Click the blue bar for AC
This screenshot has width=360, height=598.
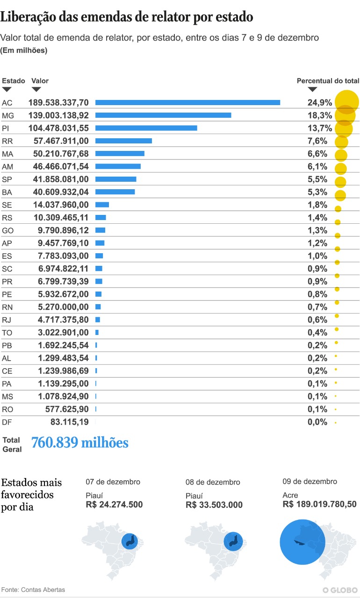click(x=187, y=102)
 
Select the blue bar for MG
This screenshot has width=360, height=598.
click(x=163, y=115)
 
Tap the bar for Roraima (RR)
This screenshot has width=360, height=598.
click(x=123, y=141)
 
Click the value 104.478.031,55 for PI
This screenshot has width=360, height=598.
click(x=58, y=128)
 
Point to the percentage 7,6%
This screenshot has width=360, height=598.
click(x=317, y=141)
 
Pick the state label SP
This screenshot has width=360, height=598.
click(x=7, y=179)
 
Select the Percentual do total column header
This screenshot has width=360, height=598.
click(x=328, y=81)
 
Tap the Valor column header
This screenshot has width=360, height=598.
click(x=40, y=81)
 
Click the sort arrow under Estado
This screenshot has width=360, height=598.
click(x=7, y=89)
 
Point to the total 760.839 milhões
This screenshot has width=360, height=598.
click(x=79, y=442)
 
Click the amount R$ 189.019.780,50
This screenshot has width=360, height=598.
click(x=320, y=504)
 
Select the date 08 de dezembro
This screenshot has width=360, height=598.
click(x=213, y=482)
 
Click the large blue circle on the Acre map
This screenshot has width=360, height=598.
click(x=302, y=541)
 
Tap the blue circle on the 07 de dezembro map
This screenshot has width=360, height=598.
click(x=130, y=541)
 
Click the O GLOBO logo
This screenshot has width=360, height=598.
click(x=340, y=590)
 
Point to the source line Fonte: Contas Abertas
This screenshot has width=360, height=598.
click(x=33, y=590)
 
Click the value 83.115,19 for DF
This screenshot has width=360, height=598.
click(x=69, y=422)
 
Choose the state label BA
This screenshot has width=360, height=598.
click(x=7, y=192)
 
